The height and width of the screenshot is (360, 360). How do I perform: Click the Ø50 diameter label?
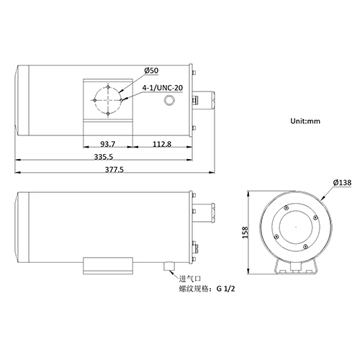(x=151, y=70)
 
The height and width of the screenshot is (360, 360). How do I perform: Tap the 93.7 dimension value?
(x=109, y=143)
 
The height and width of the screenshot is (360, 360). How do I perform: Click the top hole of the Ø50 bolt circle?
(x=107, y=86)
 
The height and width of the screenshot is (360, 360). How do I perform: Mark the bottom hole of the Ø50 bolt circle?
(x=107, y=113)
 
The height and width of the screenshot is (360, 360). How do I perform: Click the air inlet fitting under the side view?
(x=171, y=266)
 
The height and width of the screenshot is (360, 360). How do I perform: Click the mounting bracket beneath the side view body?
(x=107, y=264)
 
